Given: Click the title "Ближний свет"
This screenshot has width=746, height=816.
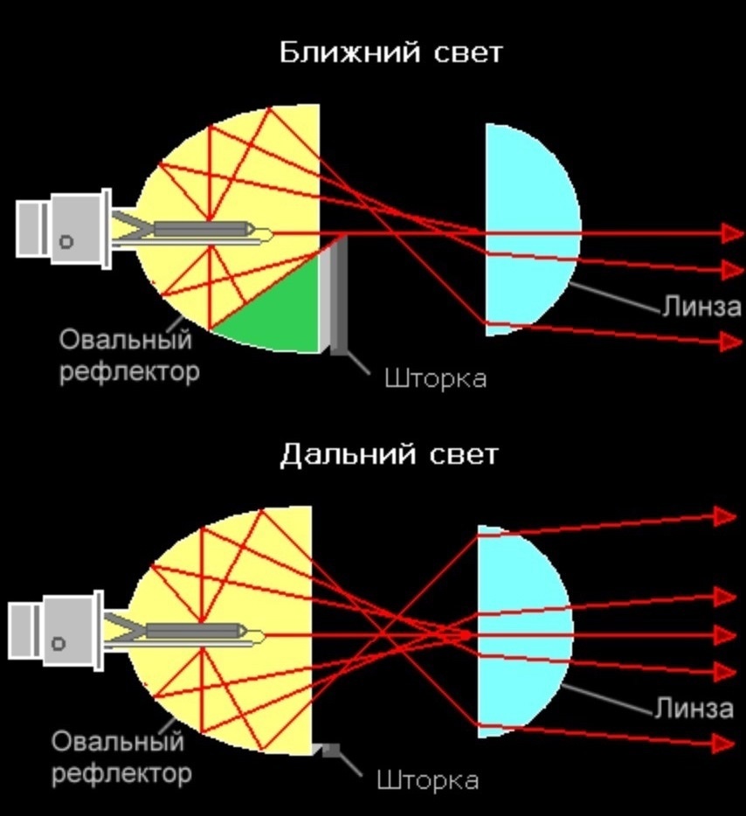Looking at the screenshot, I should pos(390,52).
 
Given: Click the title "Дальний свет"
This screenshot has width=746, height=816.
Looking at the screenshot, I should pos(390,454).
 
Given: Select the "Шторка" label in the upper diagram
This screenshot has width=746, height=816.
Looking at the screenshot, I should pos(435,378).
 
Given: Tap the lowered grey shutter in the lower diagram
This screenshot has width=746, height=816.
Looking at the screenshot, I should pos(328,750).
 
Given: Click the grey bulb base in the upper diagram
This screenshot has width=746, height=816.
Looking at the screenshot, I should pos(66,229).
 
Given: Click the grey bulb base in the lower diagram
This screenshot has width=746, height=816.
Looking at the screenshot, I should pos(59,631).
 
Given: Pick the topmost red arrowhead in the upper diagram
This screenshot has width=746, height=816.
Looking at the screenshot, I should pos(732,232).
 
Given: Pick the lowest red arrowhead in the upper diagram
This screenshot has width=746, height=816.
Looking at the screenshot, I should pos(730,342).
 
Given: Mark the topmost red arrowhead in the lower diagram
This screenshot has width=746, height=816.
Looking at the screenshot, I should pos(726,516).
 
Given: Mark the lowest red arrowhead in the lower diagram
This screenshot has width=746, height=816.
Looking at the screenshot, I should pos(726,743).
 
